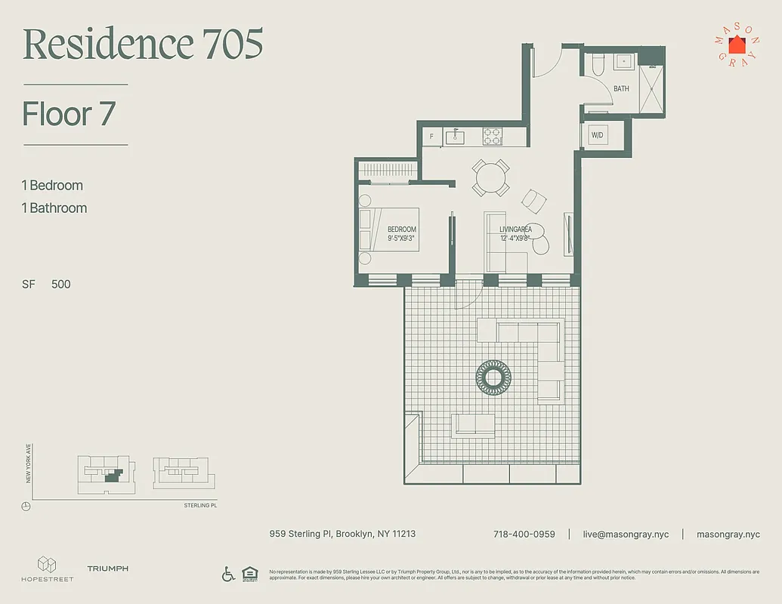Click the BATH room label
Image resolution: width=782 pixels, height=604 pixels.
click(x=621, y=89)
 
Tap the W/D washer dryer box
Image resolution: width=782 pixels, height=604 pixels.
click(x=598, y=136)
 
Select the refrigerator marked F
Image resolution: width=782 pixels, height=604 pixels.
click(x=431, y=137)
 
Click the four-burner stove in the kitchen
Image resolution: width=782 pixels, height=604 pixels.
click(x=493, y=136)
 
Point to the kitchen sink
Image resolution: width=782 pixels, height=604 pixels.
click(x=455, y=137)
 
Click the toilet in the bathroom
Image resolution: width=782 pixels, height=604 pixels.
click(x=596, y=65)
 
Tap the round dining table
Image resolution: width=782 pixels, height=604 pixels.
click(x=490, y=178)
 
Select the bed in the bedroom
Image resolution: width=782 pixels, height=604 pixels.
click(x=388, y=229)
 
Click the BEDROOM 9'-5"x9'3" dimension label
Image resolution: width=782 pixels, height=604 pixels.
click(x=401, y=233)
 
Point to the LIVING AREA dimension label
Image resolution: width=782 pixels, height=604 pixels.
click(x=515, y=233)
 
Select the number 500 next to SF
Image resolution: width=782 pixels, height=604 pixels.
click(x=61, y=285)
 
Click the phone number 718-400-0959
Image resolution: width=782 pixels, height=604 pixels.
click(x=524, y=535)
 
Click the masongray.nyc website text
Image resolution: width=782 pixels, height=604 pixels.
click(x=728, y=535)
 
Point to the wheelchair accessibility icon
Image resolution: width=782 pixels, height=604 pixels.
click(x=228, y=574)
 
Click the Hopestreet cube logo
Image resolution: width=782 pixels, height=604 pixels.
click(x=47, y=564)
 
